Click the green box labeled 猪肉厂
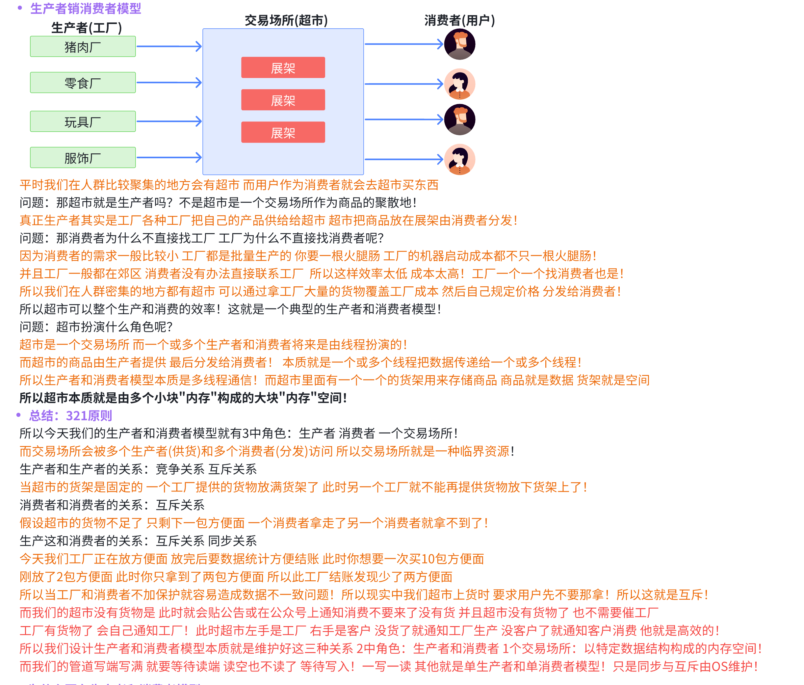(x=83, y=46)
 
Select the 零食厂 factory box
(x=83, y=83)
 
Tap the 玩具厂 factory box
(x=83, y=121)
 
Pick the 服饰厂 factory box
(x=83, y=158)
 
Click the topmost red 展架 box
(x=283, y=67)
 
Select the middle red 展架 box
(x=283, y=100)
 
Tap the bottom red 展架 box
(x=283, y=132)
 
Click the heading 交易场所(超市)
(x=286, y=20)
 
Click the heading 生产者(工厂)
(x=86, y=28)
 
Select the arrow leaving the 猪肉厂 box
(x=169, y=46)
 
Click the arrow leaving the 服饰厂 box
(x=169, y=158)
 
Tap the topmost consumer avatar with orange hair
(x=459, y=44)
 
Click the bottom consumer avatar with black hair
(x=459, y=160)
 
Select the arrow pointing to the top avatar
(x=403, y=44)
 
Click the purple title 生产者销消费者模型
(x=85, y=8)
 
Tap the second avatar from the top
(x=459, y=84)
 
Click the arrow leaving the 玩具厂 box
(x=169, y=121)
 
